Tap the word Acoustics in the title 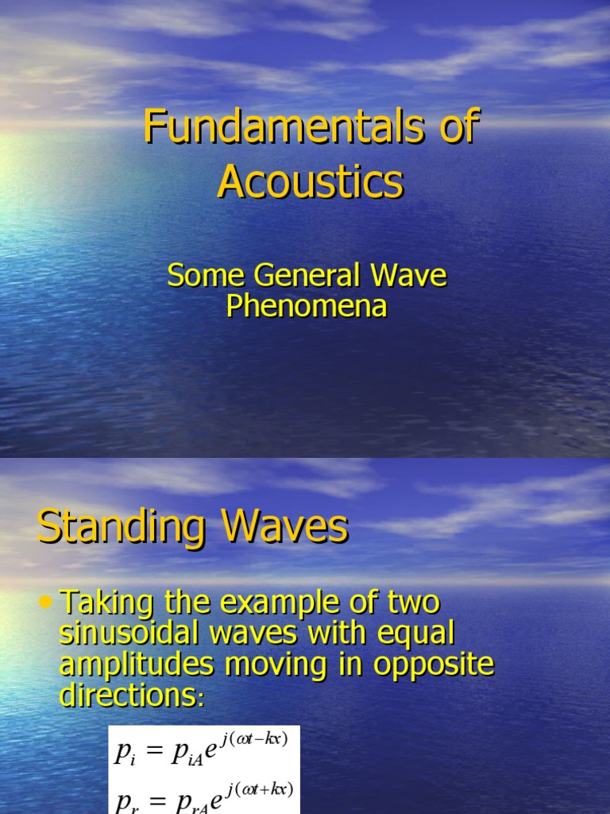point(310,182)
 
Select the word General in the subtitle point(310,277)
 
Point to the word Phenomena point(306,306)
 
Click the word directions point(126,696)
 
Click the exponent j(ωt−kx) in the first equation point(256,739)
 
